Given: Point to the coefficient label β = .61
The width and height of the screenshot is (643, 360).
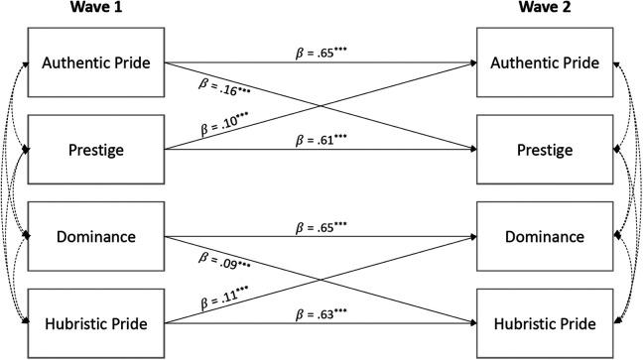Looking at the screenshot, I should point(321,140).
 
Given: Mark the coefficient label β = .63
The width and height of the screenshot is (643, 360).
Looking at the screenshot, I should point(321,315).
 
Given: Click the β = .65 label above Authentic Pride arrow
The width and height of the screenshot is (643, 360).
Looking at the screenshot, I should point(321,51).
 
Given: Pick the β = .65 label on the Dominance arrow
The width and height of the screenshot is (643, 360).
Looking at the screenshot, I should point(321,227).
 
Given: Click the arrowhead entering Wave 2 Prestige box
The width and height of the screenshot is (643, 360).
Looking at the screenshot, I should point(471,150).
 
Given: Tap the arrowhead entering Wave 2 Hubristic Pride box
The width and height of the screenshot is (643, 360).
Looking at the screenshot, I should point(471,325).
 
